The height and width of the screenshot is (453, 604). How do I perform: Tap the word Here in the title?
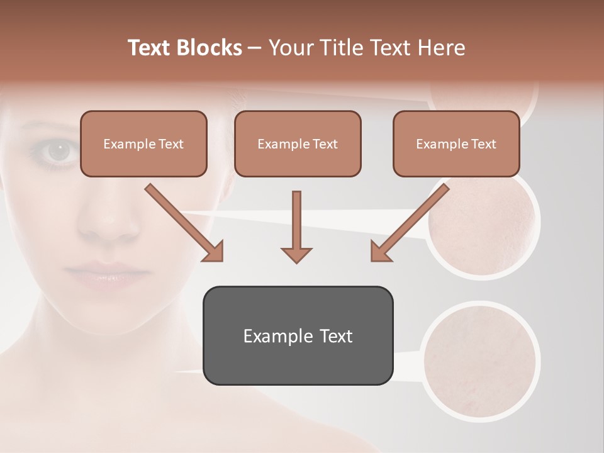point(440,48)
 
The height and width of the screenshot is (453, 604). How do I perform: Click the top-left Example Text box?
point(143,143)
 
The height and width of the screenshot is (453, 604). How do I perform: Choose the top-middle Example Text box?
point(298,143)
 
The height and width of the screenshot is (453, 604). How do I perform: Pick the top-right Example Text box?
point(456,143)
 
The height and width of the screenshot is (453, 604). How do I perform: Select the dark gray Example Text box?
point(298,335)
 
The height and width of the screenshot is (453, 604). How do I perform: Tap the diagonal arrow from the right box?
point(410,221)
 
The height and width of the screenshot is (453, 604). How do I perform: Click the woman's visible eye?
point(60,150)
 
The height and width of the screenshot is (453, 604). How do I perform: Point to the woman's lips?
point(98,275)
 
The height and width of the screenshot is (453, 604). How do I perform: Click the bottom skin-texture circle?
point(480,360)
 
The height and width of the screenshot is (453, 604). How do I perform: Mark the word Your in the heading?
point(291,48)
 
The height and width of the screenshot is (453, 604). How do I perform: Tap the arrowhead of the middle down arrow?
point(296,254)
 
